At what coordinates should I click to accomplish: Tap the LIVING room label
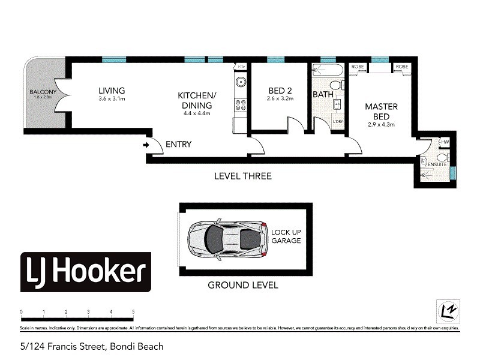tap(112, 91)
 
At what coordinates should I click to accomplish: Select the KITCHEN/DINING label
tap(196, 100)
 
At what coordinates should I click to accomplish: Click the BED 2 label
tap(280, 91)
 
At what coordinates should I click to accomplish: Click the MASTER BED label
tap(382, 111)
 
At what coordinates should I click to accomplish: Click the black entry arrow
tap(146, 145)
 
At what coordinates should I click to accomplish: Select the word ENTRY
tap(178, 144)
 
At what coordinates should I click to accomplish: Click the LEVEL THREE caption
tap(243, 176)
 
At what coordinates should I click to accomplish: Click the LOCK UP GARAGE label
tap(286, 236)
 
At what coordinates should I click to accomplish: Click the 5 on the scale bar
tap(133, 312)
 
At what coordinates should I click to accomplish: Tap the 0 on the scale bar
tap(21, 312)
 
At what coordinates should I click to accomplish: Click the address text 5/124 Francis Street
tap(92, 346)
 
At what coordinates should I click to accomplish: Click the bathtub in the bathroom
tap(328, 70)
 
